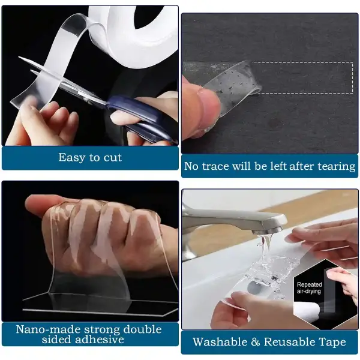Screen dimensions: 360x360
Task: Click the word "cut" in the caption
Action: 113,157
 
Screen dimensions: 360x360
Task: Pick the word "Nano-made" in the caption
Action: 48,329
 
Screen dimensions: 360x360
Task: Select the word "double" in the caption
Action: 142,329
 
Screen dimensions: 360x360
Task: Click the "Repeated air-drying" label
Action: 309,287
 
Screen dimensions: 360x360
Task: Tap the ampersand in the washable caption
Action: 256,342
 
